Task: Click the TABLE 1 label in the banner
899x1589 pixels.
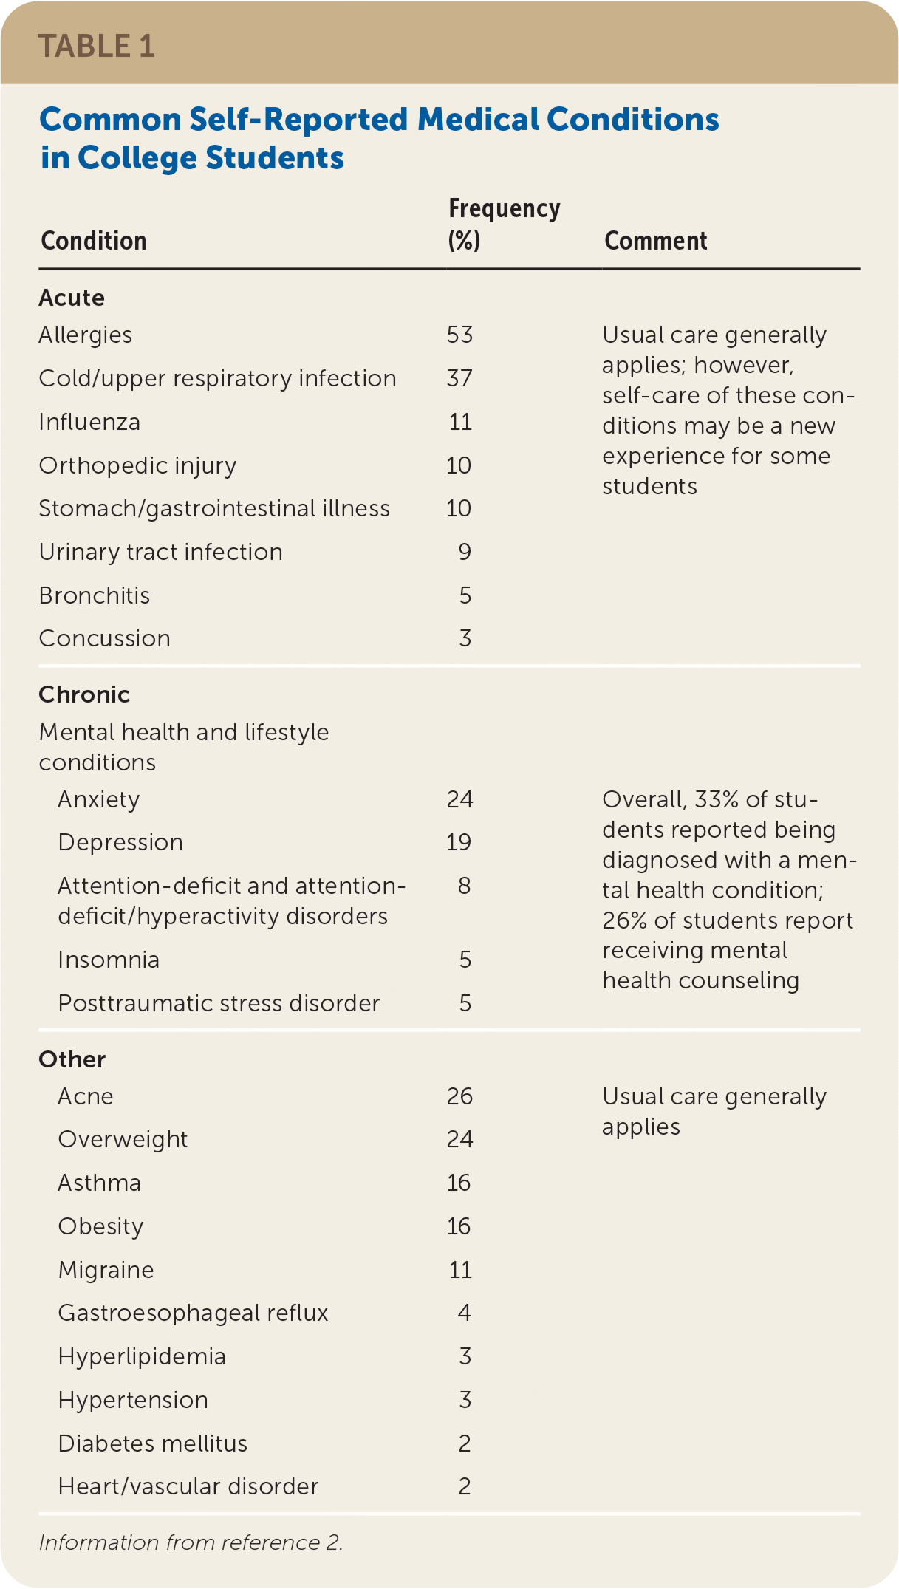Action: pyautogui.click(x=96, y=46)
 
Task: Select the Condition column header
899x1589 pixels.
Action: pyautogui.click(x=94, y=241)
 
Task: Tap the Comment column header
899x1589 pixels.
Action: pyautogui.click(x=655, y=241)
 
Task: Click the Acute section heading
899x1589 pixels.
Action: pyautogui.click(x=72, y=298)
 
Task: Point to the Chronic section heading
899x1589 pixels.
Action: pyautogui.click(x=84, y=694)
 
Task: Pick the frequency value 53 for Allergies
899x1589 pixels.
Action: pyautogui.click(x=459, y=335)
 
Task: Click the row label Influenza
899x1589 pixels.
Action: pyautogui.click(x=89, y=422)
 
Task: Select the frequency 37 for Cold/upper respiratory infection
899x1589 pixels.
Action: pyautogui.click(x=459, y=378)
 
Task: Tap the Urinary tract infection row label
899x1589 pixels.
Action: pyautogui.click(x=160, y=552)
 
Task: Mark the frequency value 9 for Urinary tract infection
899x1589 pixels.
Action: pyautogui.click(x=465, y=552)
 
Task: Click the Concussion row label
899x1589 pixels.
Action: pyautogui.click(x=104, y=638)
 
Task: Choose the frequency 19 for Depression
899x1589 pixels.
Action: pyautogui.click(x=459, y=842)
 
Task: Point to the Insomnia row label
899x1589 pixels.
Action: pyautogui.click(x=109, y=960)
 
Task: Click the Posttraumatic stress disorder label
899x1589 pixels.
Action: pyautogui.click(x=219, y=1003)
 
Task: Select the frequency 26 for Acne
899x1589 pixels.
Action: pyautogui.click(x=459, y=1096)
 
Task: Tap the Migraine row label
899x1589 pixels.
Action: pyautogui.click(x=106, y=1270)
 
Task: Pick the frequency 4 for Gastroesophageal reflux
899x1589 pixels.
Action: pyautogui.click(x=465, y=1313)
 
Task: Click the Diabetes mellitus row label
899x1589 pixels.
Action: pyautogui.click(x=152, y=1443)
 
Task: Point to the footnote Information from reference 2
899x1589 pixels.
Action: pyautogui.click(x=191, y=1542)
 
